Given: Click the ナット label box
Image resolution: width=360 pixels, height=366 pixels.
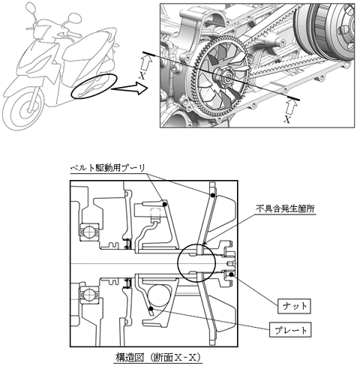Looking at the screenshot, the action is (x=294, y=306).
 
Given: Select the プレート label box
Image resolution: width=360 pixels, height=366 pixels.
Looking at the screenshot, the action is (x=290, y=330).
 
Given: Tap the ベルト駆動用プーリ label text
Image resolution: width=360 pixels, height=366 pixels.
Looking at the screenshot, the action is (x=108, y=168).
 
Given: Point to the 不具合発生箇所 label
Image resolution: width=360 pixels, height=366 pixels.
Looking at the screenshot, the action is (x=285, y=208).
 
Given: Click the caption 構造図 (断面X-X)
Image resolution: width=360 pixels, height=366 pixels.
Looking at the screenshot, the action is (x=158, y=358).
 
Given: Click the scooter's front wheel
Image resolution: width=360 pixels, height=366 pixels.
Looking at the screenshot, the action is (x=23, y=109).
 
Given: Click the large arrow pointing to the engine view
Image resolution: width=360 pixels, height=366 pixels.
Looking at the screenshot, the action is (x=130, y=88).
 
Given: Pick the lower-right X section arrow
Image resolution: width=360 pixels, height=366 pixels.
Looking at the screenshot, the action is (x=292, y=108).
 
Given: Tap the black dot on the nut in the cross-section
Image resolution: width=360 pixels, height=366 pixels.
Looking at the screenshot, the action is (x=232, y=274).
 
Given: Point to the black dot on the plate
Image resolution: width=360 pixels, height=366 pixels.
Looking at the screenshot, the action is (x=151, y=308).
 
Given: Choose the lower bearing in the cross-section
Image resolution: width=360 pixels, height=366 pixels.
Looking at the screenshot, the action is (x=89, y=292).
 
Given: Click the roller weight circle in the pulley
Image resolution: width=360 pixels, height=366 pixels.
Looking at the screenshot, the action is (x=160, y=296).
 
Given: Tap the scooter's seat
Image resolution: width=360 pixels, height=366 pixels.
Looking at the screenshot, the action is (x=88, y=45).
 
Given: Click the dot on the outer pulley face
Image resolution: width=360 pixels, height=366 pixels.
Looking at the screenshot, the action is (x=213, y=195).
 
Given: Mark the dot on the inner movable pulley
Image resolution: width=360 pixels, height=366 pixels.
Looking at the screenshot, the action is (x=164, y=205).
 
